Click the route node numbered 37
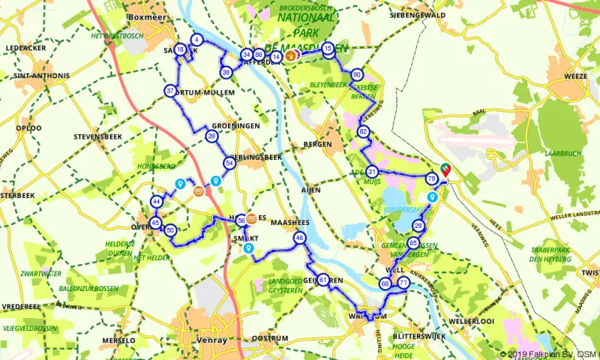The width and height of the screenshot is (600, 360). click(170, 91)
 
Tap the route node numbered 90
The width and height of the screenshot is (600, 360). click(357, 75)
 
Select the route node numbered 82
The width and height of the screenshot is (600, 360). click(364, 132)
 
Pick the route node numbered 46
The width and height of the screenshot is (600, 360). click(300, 238)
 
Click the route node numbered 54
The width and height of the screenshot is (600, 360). click(229, 163)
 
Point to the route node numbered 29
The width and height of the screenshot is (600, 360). click(418, 226)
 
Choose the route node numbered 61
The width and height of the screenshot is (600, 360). click(322, 280)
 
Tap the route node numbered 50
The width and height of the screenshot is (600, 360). click(171, 230)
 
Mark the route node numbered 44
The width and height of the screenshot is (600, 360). click(157, 202)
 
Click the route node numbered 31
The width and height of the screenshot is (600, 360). click(372, 172)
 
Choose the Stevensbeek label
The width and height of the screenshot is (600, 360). click(97, 138)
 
